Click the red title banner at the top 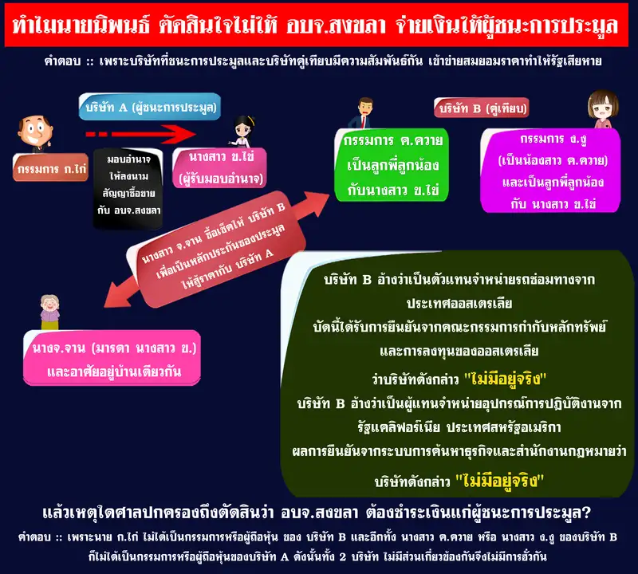click(x=316, y=26)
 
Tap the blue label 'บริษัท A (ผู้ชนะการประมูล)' click(x=150, y=107)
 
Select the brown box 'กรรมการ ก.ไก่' click(x=51, y=167)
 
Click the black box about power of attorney click(x=128, y=188)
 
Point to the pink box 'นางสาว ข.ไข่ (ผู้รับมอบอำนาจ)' click(x=220, y=167)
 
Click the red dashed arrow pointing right click(x=141, y=134)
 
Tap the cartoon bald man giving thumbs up click(x=35, y=133)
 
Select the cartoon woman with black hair click(x=243, y=132)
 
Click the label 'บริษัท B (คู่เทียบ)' click(x=482, y=108)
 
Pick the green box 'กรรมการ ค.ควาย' click(x=392, y=165)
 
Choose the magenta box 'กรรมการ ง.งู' click(x=551, y=171)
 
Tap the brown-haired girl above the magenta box click(x=603, y=109)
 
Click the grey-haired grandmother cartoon click(x=49, y=312)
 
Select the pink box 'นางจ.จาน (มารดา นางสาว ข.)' click(x=112, y=358)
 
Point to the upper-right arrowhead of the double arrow click(x=318, y=203)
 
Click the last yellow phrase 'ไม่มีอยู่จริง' click(x=500, y=481)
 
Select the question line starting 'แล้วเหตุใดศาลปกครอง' click(x=317, y=513)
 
